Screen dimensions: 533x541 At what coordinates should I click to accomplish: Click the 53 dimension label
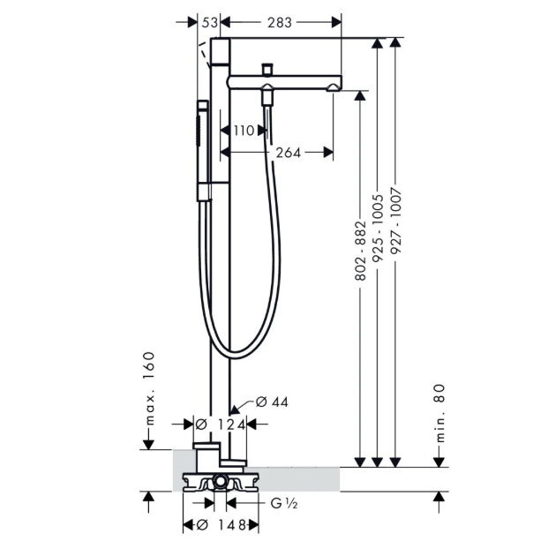(210, 23)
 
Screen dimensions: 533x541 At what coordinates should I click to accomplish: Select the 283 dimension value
(280, 23)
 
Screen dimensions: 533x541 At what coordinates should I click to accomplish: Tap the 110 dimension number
(244, 131)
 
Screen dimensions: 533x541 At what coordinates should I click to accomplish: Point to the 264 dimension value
(289, 153)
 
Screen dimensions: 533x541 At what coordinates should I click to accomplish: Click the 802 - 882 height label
(360, 251)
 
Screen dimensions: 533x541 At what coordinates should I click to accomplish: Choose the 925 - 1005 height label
(378, 228)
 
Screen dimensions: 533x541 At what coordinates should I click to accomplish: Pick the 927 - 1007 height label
(396, 222)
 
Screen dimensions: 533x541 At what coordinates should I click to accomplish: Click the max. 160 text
(148, 388)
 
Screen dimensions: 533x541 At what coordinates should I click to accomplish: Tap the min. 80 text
(439, 413)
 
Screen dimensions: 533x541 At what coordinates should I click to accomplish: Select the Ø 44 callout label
(272, 402)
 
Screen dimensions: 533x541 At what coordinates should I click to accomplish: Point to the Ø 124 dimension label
(220, 425)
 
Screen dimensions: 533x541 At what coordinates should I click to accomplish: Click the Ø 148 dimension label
(221, 525)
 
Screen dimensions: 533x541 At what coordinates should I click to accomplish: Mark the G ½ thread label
(284, 504)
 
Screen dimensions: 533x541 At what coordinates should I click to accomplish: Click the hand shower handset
(203, 151)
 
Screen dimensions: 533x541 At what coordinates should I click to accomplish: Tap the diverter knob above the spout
(267, 69)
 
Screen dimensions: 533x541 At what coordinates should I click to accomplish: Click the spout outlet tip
(334, 88)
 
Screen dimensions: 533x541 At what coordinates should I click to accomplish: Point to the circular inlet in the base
(220, 481)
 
